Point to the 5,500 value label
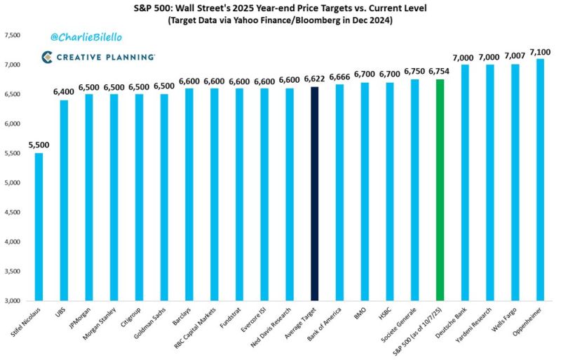(39, 145)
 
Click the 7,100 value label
(540, 52)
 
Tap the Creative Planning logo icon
(47, 57)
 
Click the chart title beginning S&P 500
(280, 8)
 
